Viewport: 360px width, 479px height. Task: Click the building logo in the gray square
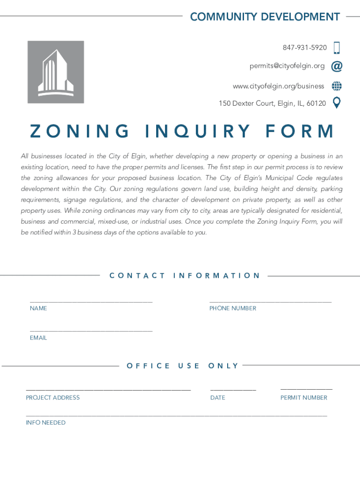pyautogui.click(x=56, y=72)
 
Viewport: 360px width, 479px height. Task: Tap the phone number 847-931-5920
pyautogui.click(x=304, y=48)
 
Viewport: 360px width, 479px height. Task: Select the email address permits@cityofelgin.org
pyautogui.click(x=287, y=66)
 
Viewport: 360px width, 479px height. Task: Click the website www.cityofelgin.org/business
pyautogui.click(x=278, y=86)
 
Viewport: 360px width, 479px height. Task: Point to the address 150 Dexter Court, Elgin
pyautogui.click(x=272, y=103)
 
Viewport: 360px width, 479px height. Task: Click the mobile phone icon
pyautogui.click(x=337, y=48)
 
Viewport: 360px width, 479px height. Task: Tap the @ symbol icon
pyautogui.click(x=337, y=66)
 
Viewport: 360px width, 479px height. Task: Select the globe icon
pyautogui.click(x=337, y=86)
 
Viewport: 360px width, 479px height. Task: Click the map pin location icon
pyautogui.click(x=336, y=102)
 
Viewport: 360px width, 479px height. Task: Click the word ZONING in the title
pyautogui.click(x=79, y=131)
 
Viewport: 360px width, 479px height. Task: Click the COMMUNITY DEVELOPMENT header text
pyautogui.click(x=265, y=17)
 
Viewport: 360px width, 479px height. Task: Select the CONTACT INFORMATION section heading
pyautogui.click(x=184, y=276)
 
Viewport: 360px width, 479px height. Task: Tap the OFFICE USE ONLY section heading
pyautogui.click(x=182, y=366)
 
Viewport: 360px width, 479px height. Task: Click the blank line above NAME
pyautogui.click(x=91, y=301)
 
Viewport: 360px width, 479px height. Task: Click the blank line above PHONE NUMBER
pyautogui.click(x=270, y=301)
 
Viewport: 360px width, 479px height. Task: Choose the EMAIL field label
pyautogui.click(x=38, y=338)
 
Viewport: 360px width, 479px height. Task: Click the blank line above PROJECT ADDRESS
pyautogui.click(x=108, y=389)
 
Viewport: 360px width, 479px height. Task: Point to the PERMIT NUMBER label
pyautogui.click(x=304, y=398)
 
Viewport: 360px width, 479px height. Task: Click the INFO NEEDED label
pyautogui.click(x=45, y=423)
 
